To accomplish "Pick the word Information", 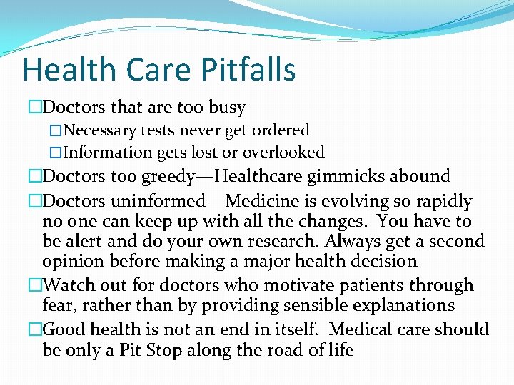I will tap(107, 153).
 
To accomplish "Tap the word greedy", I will tap(180, 176).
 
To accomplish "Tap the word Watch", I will tap(69, 285).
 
